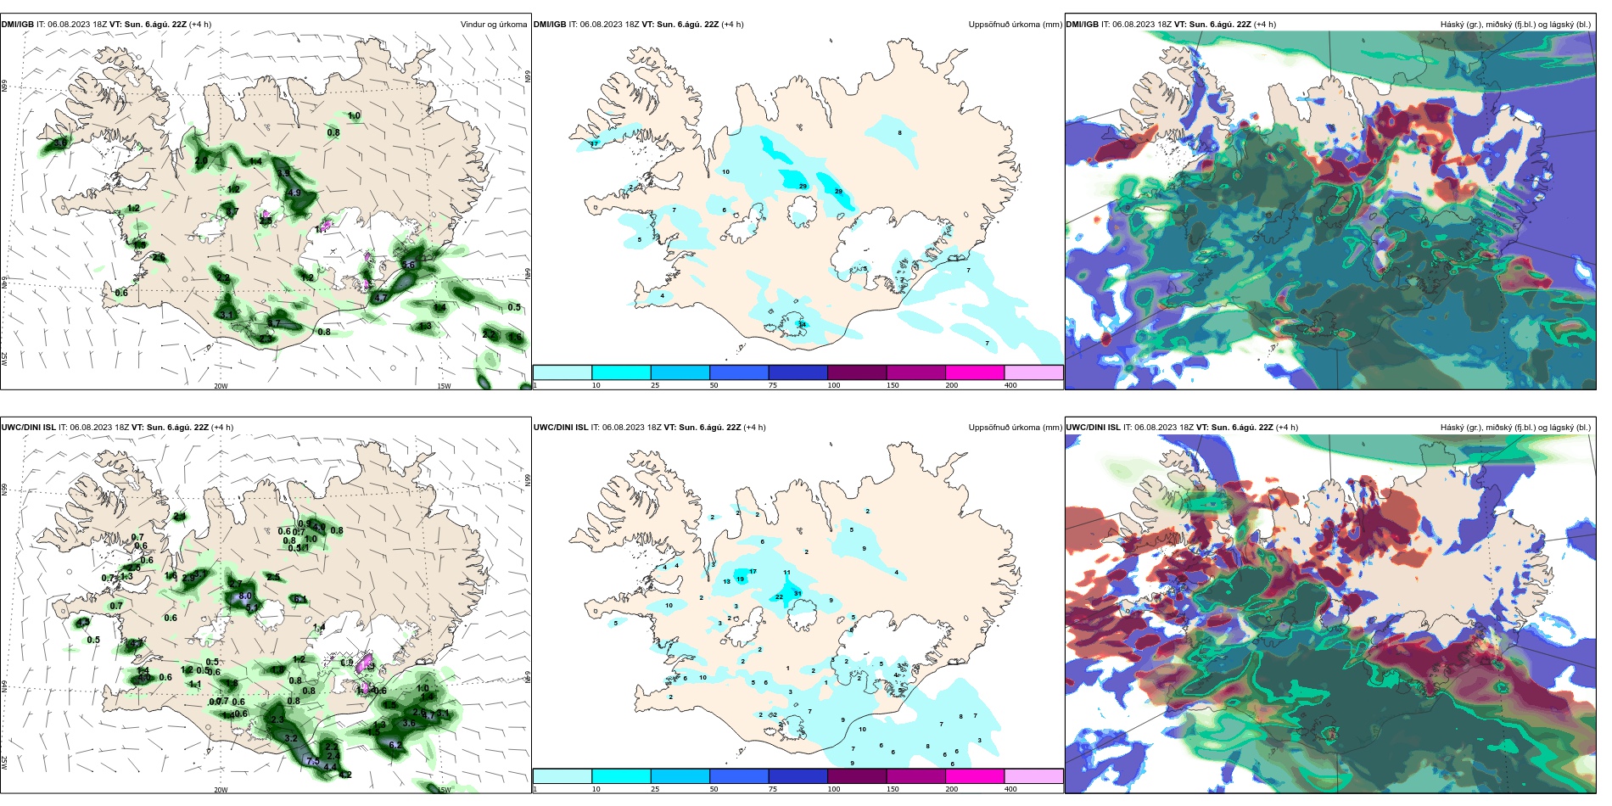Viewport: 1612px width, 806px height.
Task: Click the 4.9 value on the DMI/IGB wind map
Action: (x=294, y=193)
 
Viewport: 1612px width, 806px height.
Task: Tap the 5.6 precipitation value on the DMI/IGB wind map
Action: (x=408, y=265)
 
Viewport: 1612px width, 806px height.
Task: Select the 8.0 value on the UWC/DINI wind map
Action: (x=245, y=596)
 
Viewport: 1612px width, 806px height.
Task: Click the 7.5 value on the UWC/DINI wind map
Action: (x=312, y=760)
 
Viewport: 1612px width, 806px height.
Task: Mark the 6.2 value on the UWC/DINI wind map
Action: (x=395, y=745)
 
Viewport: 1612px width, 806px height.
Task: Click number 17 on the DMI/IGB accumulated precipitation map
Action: (x=594, y=143)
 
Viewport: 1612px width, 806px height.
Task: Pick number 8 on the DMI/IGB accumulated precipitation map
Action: (x=899, y=132)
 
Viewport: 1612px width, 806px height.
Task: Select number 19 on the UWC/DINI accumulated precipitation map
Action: (x=741, y=579)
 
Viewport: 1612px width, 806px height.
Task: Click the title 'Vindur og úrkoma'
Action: (x=493, y=25)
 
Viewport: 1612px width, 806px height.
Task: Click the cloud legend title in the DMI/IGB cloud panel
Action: (x=1514, y=25)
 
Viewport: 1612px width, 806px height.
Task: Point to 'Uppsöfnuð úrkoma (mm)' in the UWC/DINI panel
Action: (x=1015, y=428)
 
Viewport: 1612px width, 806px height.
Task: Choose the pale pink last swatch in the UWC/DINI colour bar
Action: (x=1033, y=776)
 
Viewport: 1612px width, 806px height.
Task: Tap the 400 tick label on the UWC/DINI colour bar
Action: (x=1010, y=789)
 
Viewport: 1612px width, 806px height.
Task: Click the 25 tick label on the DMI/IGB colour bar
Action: (x=655, y=385)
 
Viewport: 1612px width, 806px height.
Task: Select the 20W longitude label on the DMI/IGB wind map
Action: (x=221, y=386)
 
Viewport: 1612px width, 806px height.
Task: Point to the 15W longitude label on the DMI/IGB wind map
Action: (x=444, y=386)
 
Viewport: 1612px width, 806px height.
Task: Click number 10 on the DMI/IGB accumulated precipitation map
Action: (x=725, y=171)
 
